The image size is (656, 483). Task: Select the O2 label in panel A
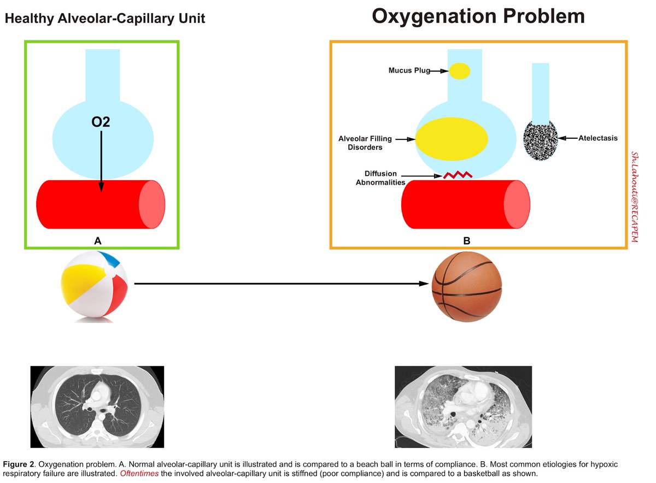(101, 122)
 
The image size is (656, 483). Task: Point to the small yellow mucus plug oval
(460, 71)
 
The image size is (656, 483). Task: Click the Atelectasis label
(598, 139)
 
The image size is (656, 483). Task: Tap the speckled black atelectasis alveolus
(541, 140)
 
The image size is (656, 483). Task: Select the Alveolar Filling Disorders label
(365, 143)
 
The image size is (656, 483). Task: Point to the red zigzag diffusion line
(457, 175)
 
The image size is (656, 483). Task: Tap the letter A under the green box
(98, 240)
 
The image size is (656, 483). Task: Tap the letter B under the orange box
(466, 240)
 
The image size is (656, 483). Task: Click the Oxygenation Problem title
(478, 16)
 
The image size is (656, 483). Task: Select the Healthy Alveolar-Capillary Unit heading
(105, 19)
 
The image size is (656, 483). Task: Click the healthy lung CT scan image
(97, 407)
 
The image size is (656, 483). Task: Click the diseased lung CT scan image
(463, 407)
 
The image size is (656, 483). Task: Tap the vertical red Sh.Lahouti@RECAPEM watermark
(635, 197)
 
